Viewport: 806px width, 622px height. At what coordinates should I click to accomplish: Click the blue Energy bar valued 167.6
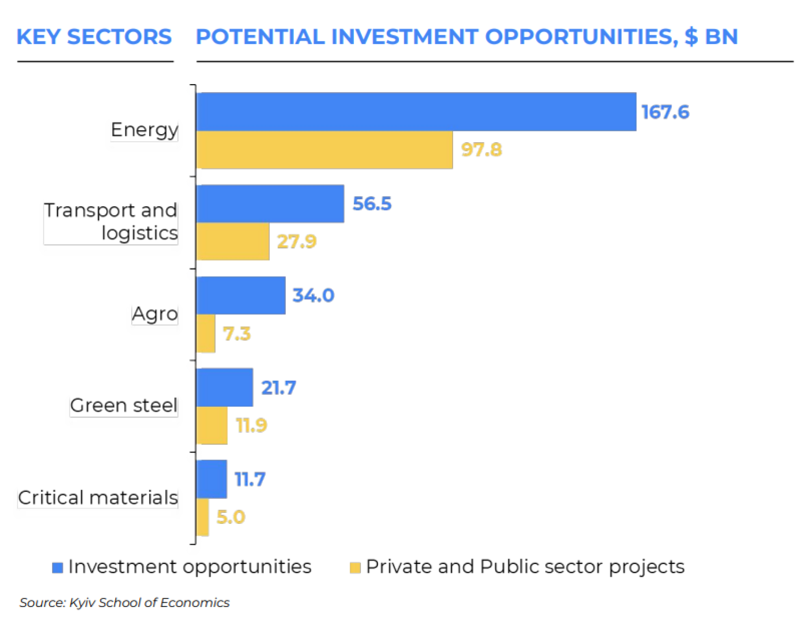point(416,112)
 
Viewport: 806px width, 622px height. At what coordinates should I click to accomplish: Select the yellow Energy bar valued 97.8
point(324,150)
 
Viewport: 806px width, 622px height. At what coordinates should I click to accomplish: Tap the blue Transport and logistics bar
point(270,204)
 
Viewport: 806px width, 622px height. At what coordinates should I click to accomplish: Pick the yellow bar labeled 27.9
point(232,241)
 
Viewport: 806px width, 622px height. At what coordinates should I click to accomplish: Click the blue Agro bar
point(240,295)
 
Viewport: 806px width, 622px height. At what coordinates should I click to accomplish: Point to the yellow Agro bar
point(206,333)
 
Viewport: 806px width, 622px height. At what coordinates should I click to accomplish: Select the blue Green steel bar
point(224,387)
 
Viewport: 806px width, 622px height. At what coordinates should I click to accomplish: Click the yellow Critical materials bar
point(202,517)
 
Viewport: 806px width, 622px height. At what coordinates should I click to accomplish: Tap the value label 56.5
point(372,204)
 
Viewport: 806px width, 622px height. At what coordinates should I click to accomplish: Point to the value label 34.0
point(313,295)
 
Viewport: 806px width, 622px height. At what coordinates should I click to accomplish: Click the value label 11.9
point(251,425)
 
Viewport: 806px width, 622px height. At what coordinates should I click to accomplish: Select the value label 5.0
point(231,517)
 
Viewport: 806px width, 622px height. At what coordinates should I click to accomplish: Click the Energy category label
point(144,130)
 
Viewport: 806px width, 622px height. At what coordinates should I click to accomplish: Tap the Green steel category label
point(123,405)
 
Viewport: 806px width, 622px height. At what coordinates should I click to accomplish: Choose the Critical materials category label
point(98,497)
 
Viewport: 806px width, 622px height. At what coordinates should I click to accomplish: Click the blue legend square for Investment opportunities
point(58,568)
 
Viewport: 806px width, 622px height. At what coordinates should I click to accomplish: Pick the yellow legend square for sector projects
point(355,568)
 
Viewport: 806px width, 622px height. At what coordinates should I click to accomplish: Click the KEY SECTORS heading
point(94,37)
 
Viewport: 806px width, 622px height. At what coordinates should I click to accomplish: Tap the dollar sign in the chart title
point(691,37)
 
